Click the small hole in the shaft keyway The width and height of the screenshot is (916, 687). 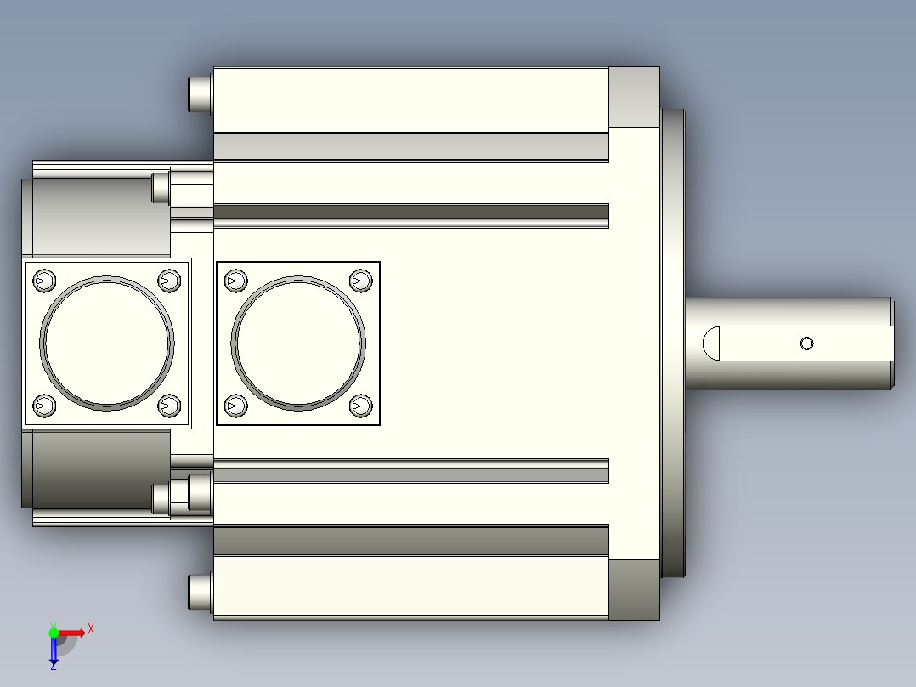[806, 343]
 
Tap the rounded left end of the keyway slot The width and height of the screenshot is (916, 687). [710, 343]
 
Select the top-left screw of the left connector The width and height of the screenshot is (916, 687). [44, 281]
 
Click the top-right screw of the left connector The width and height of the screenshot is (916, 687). [169, 281]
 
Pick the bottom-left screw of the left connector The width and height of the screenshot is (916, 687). [44, 406]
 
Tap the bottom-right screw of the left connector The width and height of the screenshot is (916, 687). [169, 406]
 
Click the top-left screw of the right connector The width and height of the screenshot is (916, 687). [236, 281]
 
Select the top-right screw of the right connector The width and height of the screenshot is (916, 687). [361, 281]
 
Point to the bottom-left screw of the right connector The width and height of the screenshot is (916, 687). [236, 406]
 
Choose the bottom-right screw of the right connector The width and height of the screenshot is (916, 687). [361, 406]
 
